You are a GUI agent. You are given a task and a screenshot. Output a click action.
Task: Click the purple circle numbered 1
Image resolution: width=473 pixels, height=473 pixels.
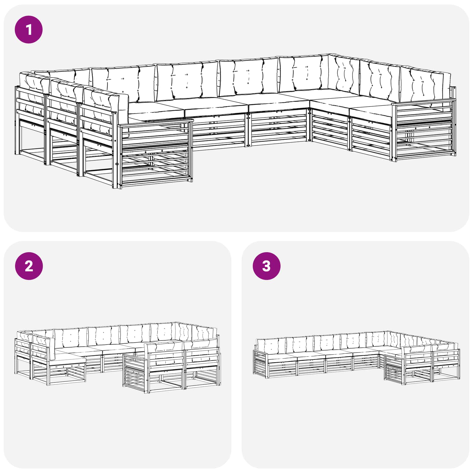point(29,30)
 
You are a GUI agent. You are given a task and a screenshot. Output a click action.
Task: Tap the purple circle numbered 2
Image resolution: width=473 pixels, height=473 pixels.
point(29,266)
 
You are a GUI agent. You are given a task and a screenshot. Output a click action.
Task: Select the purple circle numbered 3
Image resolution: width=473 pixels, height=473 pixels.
point(266,266)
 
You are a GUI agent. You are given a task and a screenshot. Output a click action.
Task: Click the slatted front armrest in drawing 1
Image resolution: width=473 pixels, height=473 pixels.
point(155,154)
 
